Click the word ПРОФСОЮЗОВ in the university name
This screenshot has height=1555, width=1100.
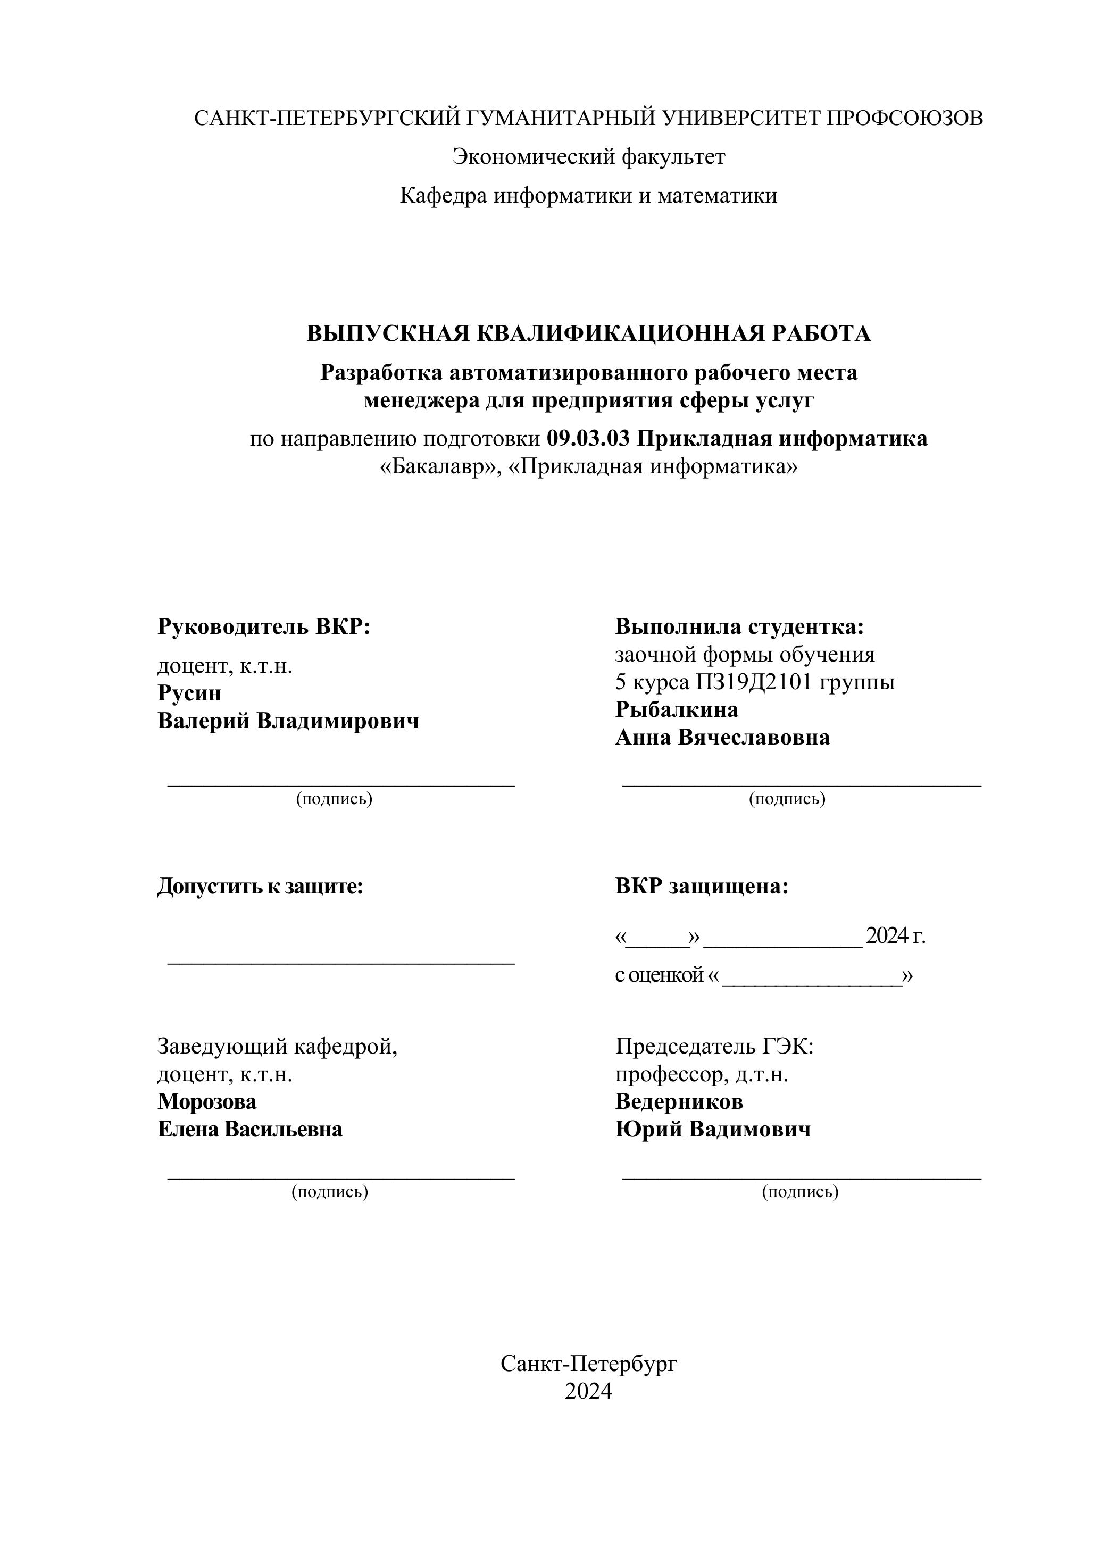904,119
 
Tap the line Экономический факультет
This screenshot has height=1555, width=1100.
589,157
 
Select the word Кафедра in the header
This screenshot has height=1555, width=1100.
443,196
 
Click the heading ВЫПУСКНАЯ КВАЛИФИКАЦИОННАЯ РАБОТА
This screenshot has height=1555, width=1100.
589,334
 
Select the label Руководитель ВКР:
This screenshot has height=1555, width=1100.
264,626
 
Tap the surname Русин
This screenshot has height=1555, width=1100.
190,693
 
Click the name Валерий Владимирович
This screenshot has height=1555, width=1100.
288,721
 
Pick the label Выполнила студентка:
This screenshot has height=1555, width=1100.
740,626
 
